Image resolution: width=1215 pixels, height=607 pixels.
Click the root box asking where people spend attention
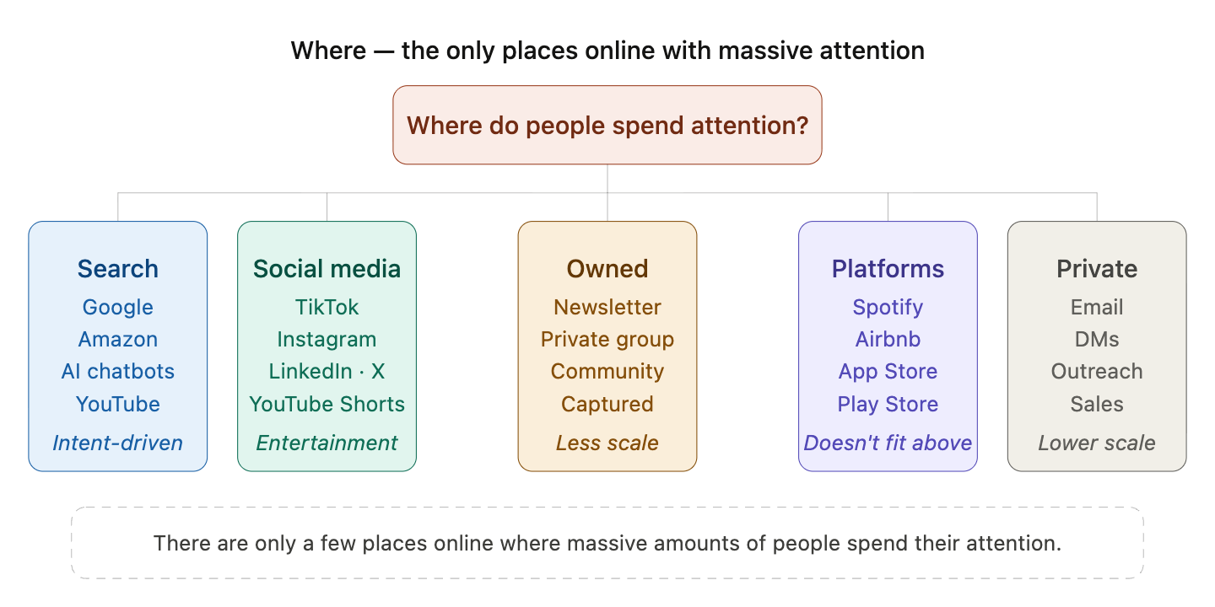click(607, 126)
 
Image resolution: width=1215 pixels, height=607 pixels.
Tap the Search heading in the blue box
click(118, 269)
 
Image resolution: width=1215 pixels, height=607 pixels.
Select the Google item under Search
click(118, 307)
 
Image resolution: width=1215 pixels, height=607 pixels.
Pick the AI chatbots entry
click(118, 372)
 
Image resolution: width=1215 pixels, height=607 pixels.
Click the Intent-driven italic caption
click(118, 443)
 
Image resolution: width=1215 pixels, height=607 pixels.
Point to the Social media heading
click(327, 269)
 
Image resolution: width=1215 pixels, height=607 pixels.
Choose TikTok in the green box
click(327, 307)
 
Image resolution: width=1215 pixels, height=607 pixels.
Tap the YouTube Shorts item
click(327, 404)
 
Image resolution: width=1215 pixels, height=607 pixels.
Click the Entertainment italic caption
click(327, 443)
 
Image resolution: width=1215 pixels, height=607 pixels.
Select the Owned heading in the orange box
click(607, 269)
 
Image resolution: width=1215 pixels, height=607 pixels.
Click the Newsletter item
click(607, 307)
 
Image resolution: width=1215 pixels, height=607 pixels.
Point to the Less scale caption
click(607, 443)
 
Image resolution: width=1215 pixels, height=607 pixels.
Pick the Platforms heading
click(888, 269)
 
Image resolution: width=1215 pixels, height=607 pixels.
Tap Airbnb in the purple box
click(888, 339)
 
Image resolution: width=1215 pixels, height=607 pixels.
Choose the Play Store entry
click(888, 404)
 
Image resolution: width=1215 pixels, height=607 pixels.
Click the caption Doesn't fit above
click(888, 443)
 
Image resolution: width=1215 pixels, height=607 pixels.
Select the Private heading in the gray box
click(1097, 269)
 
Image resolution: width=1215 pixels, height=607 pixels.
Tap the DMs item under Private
click(1097, 339)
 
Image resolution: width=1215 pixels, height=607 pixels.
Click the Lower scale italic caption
click(1097, 443)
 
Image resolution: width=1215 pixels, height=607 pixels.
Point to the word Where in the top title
click(328, 51)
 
